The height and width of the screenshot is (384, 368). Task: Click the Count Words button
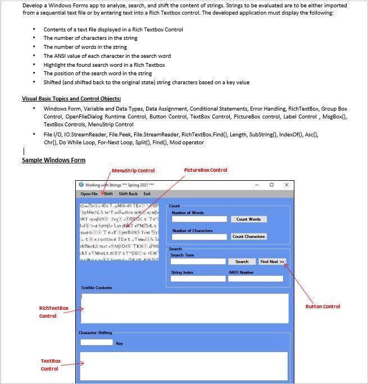click(x=248, y=219)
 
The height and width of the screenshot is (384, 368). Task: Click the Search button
click(x=242, y=262)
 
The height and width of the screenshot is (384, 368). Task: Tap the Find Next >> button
click(x=272, y=262)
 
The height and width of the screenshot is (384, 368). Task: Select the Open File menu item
click(x=89, y=194)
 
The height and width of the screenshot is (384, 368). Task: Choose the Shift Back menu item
click(x=128, y=194)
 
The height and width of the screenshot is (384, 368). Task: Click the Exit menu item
click(x=147, y=194)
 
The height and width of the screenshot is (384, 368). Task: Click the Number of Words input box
click(x=199, y=219)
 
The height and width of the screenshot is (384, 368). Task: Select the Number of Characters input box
click(x=199, y=237)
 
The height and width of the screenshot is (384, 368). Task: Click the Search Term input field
click(x=198, y=262)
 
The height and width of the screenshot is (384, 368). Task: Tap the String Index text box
click(x=198, y=278)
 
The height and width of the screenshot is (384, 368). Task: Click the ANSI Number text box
click(x=255, y=278)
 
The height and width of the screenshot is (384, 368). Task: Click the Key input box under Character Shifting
click(x=97, y=342)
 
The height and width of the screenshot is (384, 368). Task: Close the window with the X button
click(x=287, y=185)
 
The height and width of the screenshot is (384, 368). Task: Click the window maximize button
click(x=271, y=185)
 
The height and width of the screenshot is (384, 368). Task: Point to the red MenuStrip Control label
click(x=133, y=171)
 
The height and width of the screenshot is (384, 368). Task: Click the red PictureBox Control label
click(x=206, y=170)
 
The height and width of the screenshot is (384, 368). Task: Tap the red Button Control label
click(x=322, y=307)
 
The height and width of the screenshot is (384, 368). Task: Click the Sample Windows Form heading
click(x=53, y=161)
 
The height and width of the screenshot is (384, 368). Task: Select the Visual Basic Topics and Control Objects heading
click(x=71, y=99)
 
